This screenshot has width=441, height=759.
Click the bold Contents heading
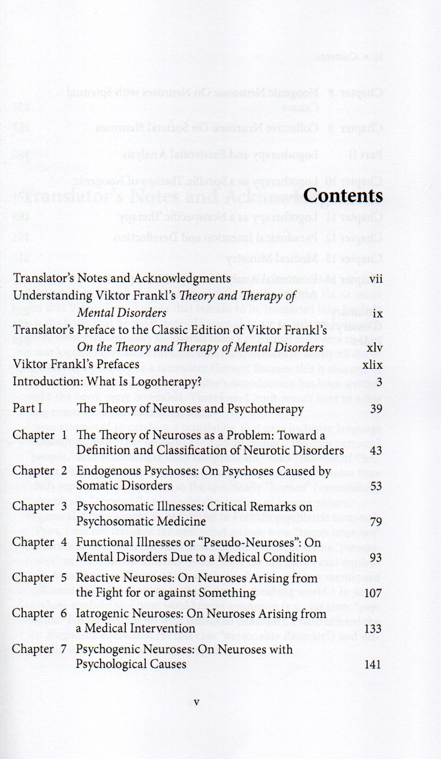(343, 195)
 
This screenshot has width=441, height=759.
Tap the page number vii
(375, 279)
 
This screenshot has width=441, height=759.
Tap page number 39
(374, 409)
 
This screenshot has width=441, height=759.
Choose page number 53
(374, 486)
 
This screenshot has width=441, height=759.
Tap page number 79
(374, 521)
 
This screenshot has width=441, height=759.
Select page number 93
(374, 557)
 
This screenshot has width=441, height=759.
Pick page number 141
(372, 664)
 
